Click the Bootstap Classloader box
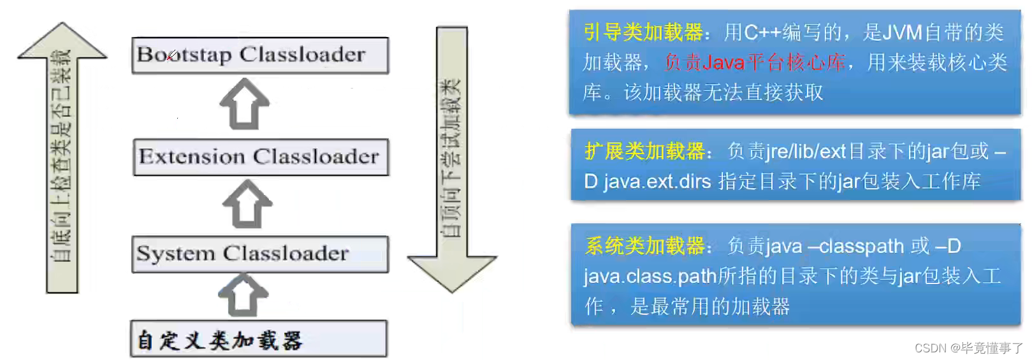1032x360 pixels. point(260,55)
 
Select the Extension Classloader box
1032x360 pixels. point(260,157)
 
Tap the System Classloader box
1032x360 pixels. point(260,254)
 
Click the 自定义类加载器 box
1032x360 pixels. point(259,339)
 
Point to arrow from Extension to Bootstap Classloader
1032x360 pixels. point(245,104)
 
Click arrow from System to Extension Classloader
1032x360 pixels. point(247,204)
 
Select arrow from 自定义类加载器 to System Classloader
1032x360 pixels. point(243,295)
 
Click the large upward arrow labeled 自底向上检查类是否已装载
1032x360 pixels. point(62,159)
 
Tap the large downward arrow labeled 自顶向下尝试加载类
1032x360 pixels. point(452,159)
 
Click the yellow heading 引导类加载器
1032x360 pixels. point(643,32)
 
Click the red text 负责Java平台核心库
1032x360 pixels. point(755,62)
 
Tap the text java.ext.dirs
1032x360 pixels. point(657,182)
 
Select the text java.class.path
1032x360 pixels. point(650,277)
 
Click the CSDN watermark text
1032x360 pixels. point(968,348)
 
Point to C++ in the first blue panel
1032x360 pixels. point(762,32)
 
